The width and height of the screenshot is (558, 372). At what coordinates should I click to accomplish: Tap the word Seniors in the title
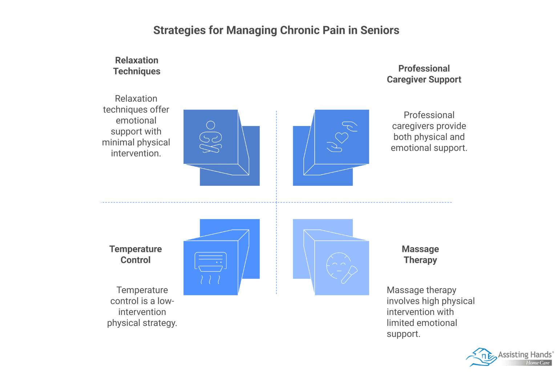click(380, 30)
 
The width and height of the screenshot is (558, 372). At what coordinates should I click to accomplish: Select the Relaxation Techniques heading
click(137, 66)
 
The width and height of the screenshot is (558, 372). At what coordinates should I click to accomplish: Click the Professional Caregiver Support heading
click(424, 74)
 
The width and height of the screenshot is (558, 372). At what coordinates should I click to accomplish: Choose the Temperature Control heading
click(136, 254)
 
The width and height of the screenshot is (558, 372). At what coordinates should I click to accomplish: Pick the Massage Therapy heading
click(420, 254)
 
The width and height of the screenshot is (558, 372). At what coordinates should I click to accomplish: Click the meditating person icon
click(211, 137)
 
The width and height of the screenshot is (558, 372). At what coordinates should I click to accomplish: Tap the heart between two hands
click(341, 137)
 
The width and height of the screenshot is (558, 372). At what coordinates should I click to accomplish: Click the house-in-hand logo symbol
click(481, 357)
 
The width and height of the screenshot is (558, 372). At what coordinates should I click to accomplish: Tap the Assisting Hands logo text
click(525, 355)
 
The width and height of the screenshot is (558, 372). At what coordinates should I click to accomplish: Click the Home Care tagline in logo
click(538, 363)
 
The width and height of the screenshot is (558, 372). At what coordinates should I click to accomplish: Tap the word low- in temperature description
click(166, 301)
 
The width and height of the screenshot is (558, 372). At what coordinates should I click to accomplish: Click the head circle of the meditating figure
click(211, 125)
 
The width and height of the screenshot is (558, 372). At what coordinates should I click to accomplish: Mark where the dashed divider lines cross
click(276, 202)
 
